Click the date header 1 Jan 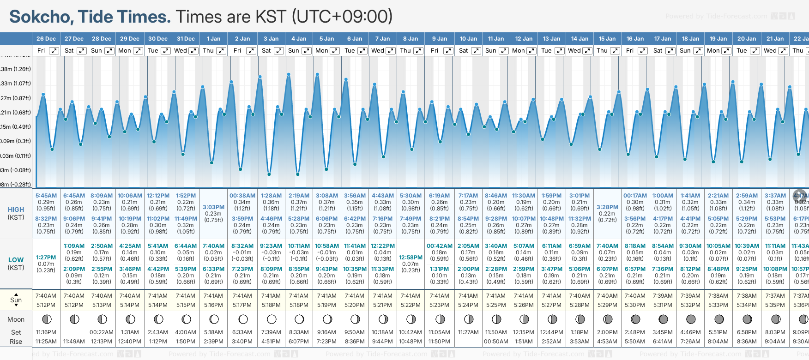(x=213, y=39)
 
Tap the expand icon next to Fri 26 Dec (x=54, y=51)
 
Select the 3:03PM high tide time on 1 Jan (x=213, y=207)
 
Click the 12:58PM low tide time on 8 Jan (x=411, y=258)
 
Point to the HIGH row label (x=16, y=210)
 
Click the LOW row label (x=16, y=260)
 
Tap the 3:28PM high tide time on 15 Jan (x=607, y=207)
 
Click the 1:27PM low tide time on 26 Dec (x=46, y=258)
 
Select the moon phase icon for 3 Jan (x=272, y=319)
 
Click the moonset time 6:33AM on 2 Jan (x=242, y=332)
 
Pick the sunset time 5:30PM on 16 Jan (x=635, y=305)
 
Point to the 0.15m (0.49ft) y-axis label (x=16, y=127)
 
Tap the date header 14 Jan (x=580, y=39)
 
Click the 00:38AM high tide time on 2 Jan (x=242, y=196)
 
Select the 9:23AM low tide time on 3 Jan (x=271, y=246)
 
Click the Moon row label (x=16, y=319)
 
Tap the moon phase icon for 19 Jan (x=719, y=319)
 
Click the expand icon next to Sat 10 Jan (x=476, y=51)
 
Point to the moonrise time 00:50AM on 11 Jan (x=496, y=342)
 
